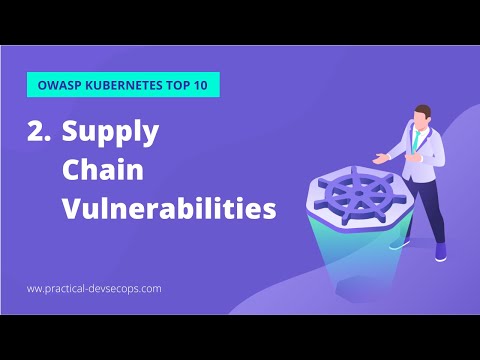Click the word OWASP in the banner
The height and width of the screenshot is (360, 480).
pos(58,85)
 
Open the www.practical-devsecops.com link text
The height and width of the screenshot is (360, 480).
pos(94,288)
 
